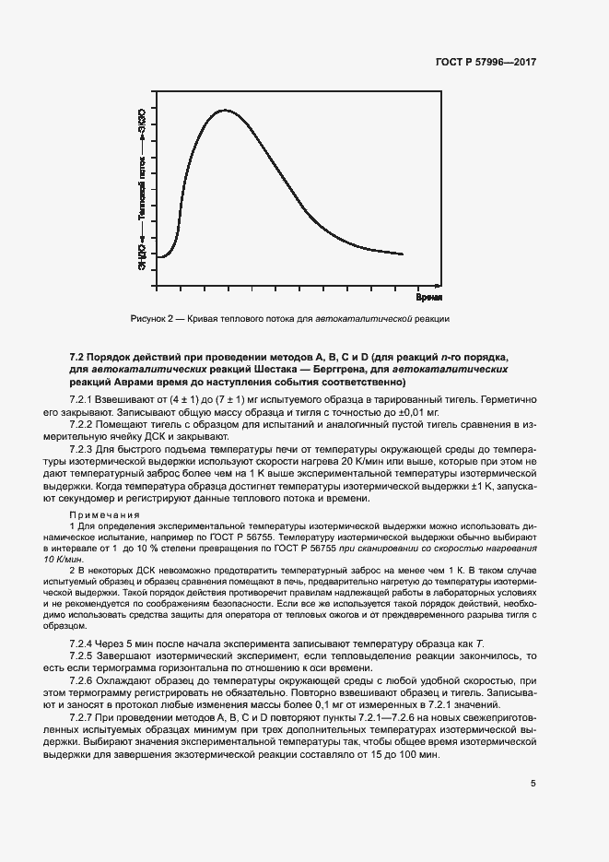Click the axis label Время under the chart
(x=428, y=298)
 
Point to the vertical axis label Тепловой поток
(x=142, y=189)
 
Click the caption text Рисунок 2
(x=154, y=319)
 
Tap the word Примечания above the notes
(x=105, y=514)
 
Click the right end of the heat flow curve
(x=403, y=254)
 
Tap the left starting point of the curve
(x=158, y=256)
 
